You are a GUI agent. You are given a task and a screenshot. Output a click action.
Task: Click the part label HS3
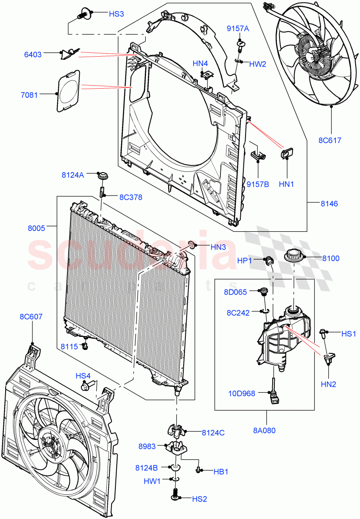tap(116, 14)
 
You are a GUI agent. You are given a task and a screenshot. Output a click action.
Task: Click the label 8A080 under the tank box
tap(265, 430)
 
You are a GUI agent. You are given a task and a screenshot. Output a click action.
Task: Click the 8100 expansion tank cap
tap(294, 256)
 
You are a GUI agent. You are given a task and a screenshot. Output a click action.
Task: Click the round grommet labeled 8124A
tap(103, 176)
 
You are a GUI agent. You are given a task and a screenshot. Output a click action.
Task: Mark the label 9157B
tap(258, 184)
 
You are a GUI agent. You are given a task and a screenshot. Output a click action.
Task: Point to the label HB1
tap(220, 471)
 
